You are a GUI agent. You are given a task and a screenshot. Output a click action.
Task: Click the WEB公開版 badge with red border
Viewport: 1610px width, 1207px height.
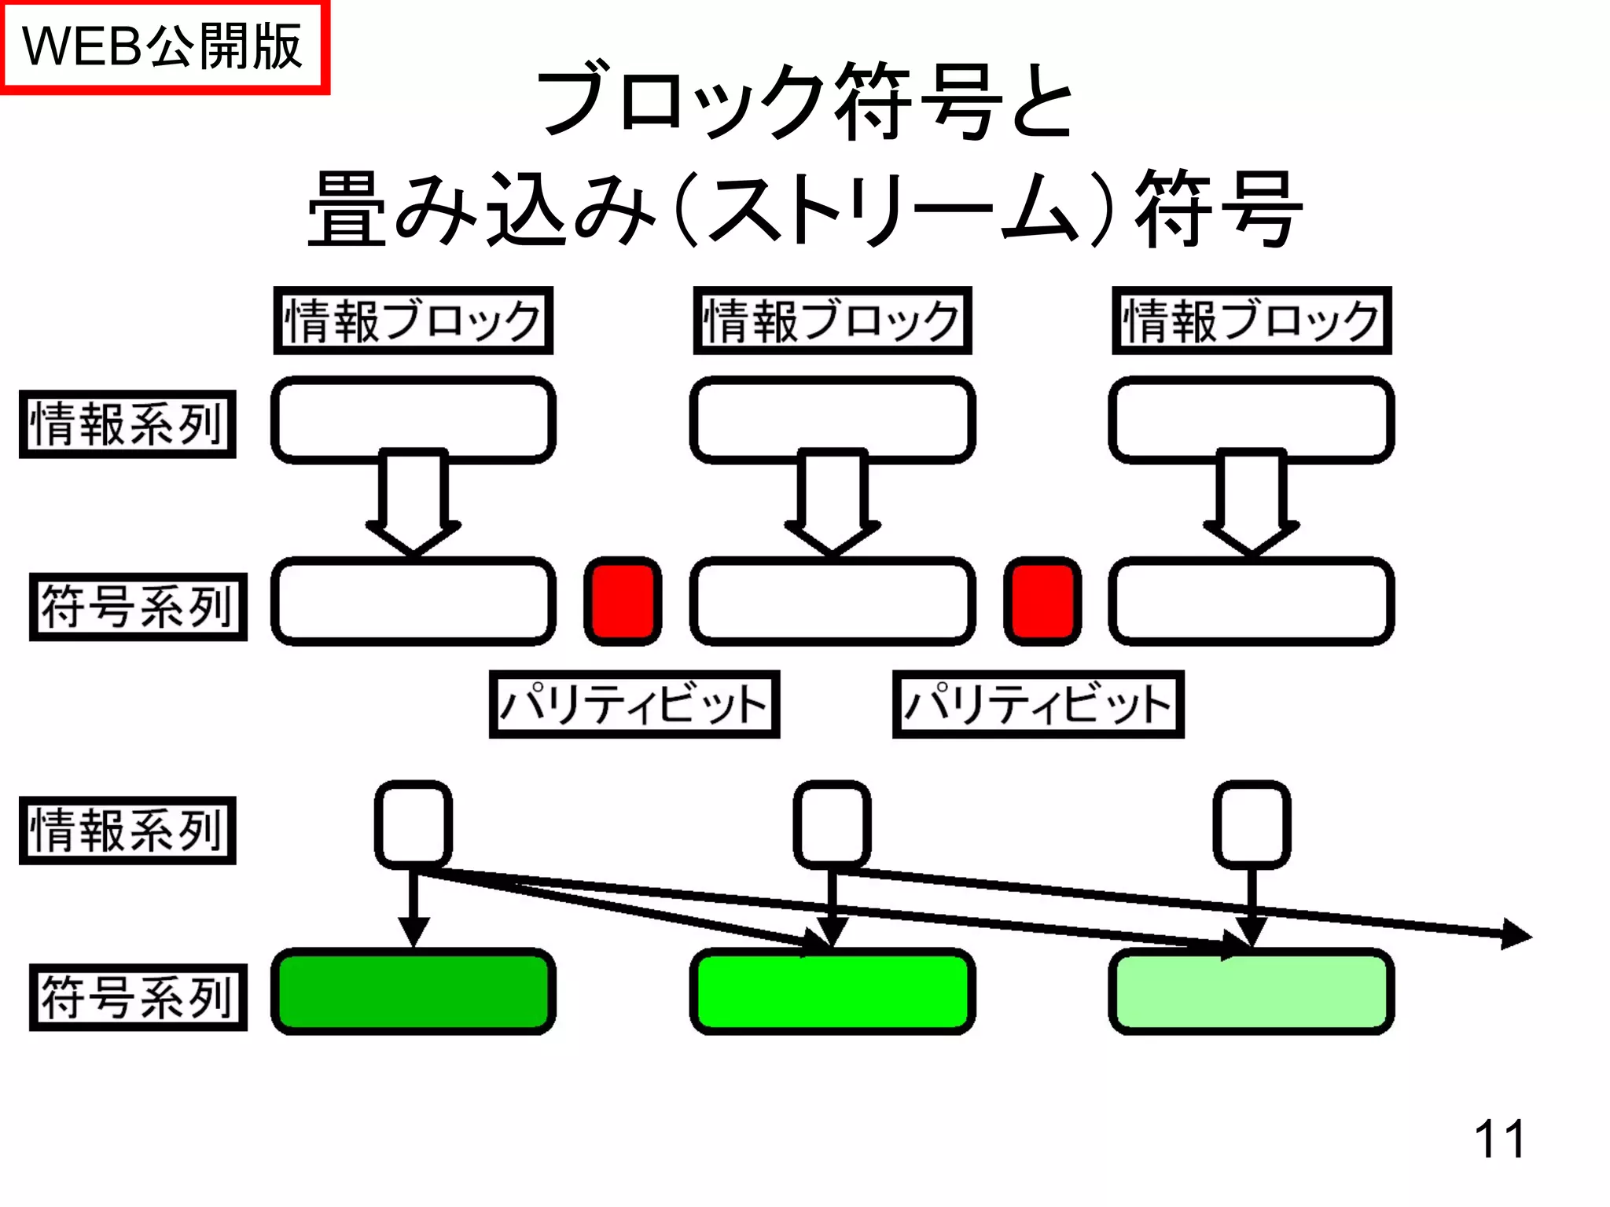(164, 47)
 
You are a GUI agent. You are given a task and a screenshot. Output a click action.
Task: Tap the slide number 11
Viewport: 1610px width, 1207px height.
(1499, 1139)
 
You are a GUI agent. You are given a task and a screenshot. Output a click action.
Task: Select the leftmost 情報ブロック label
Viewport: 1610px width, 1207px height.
(413, 321)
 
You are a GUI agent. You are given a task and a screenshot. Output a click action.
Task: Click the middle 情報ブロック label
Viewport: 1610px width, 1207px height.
(832, 321)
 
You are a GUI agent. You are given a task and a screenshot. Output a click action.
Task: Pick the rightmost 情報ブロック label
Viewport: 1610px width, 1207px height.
(1252, 321)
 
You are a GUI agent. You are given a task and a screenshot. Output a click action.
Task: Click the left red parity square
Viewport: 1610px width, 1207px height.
(623, 601)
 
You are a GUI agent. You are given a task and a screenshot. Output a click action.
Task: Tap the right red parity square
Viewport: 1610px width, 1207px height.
(1042, 601)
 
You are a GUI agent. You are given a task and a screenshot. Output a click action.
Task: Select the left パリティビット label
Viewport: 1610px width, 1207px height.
(634, 704)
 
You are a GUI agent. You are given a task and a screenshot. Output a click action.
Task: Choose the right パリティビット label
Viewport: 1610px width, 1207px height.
(1038, 704)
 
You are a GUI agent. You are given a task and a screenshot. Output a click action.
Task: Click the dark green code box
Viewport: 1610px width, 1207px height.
(413, 992)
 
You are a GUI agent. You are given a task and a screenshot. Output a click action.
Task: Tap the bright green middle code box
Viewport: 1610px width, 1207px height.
(832, 992)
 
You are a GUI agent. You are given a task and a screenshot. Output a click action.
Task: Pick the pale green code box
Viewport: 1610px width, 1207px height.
(1252, 992)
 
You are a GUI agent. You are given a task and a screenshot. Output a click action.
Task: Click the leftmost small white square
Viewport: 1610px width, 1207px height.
(413, 824)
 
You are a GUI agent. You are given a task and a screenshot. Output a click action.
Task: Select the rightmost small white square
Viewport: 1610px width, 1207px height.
(1252, 824)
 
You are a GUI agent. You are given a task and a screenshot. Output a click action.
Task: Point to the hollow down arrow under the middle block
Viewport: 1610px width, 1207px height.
(832, 503)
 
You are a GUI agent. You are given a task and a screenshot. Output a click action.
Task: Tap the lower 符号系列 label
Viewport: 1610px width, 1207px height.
(138, 997)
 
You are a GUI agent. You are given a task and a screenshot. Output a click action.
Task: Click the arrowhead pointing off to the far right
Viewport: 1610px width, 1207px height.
(1516, 934)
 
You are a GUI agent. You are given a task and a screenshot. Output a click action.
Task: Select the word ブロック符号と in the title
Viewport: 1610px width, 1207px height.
(805, 102)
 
